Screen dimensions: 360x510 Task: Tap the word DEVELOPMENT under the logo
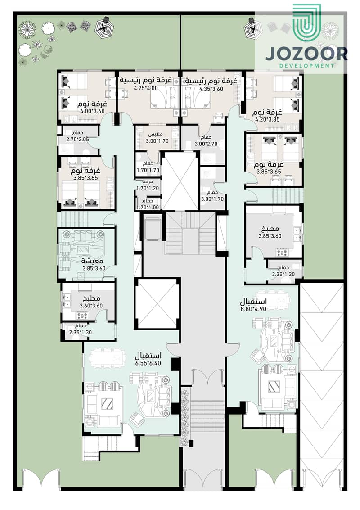pyautogui.click(x=306, y=65)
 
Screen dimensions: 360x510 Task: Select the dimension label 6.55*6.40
pyautogui.click(x=148, y=363)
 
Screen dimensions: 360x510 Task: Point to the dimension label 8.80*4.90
pyautogui.click(x=253, y=309)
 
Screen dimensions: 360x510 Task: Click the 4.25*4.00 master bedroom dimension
pyautogui.click(x=146, y=88)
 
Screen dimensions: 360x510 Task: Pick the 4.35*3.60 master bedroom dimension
pyautogui.click(x=211, y=89)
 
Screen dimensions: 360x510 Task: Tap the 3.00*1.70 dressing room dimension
pyautogui.click(x=157, y=141)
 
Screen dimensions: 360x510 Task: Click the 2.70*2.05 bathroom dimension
pyautogui.click(x=77, y=139)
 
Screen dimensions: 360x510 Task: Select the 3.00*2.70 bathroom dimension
pyautogui.click(x=206, y=144)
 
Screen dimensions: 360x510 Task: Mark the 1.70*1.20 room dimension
pyautogui.click(x=148, y=188)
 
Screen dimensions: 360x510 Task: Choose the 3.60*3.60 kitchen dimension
pyautogui.click(x=91, y=306)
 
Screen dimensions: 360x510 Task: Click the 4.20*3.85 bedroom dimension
pyautogui.click(x=267, y=119)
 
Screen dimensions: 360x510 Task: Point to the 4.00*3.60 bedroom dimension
pyautogui.click(x=92, y=111)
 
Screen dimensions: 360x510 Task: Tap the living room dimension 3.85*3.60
pyautogui.click(x=94, y=269)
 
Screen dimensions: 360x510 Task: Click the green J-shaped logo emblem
pyautogui.click(x=306, y=23)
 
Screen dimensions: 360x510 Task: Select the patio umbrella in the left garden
pyautogui.click(x=104, y=28)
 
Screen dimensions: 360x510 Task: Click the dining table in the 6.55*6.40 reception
pyautogui.click(x=108, y=358)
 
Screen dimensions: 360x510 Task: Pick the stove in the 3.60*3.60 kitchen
pyautogui.click(x=82, y=316)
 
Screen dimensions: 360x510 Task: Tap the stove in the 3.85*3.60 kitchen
pyautogui.click(x=282, y=253)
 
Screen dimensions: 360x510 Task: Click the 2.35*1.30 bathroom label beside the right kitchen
pyautogui.click(x=283, y=274)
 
